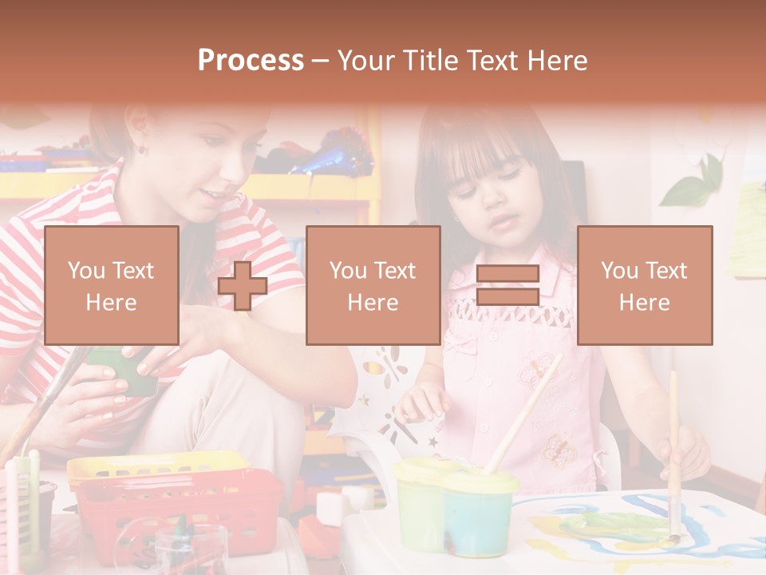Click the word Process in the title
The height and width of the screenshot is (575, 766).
(x=251, y=61)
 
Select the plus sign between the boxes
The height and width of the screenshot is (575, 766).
(x=243, y=286)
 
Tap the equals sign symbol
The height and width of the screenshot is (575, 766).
(x=507, y=285)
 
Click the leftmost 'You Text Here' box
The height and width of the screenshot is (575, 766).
(x=112, y=285)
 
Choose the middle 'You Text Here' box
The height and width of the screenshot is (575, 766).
(x=373, y=285)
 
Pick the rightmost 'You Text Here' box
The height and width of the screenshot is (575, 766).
(x=644, y=285)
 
